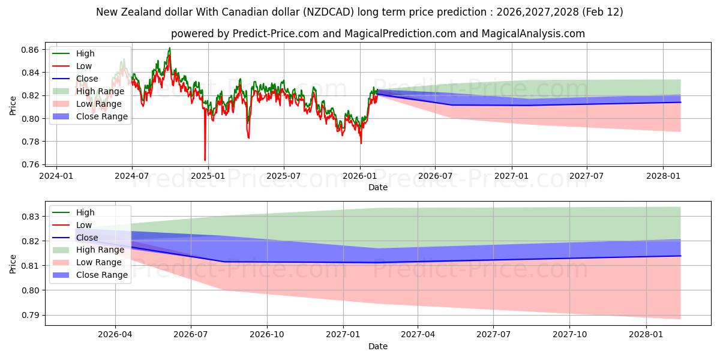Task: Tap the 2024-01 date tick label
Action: (56, 176)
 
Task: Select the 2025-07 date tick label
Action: (283, 176)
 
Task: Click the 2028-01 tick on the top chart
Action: (663, 176)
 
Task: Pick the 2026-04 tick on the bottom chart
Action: (115, 335)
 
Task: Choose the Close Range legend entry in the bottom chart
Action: (101, 275)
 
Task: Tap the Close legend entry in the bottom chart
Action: (87, 238)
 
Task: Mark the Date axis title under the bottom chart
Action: (378, 346)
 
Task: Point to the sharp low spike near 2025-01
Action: (205, 160)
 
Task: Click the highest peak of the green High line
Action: (170, 48)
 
